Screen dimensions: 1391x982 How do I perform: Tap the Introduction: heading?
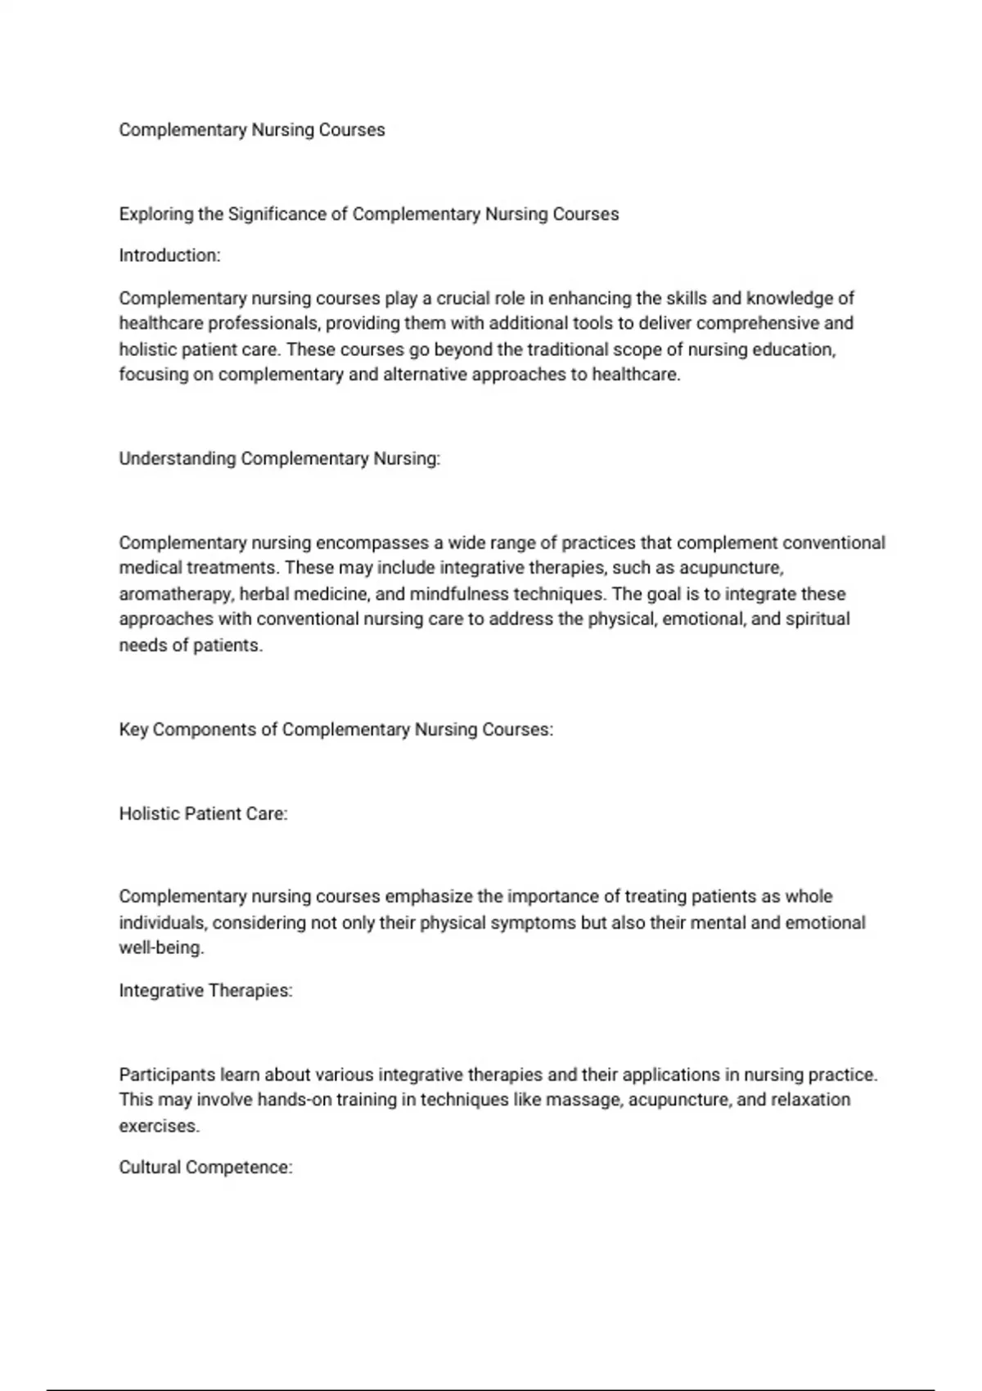pyautogui.click(x=169, y=256)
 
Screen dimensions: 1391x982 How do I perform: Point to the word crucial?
pyautogui.click(x=462, y=299)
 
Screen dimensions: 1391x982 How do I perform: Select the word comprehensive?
pyautogui.click(x=758, y=323)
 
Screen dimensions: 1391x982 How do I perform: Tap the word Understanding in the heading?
pyautogui.click(x=178, y=459)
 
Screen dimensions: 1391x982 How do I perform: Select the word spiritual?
pyautogui.click(x=818, y=619)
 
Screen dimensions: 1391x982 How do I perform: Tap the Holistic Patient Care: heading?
pyautogui.click(x=203, y=814)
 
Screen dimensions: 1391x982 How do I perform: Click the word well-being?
pyautogui.click(x=161, y=948)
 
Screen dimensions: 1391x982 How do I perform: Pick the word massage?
pyautogui.click(x=583, y=1100)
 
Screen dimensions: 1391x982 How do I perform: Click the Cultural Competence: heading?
pyautogui.click(x=205, y=1168)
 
